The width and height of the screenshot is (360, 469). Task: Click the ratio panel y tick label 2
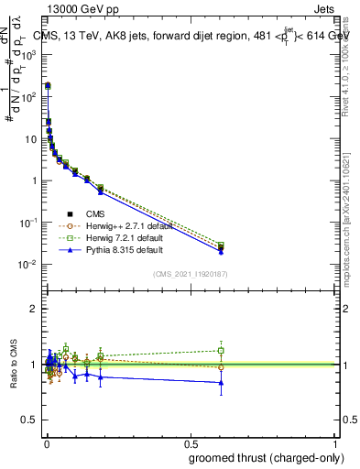pyautogui.click(x=33, y=309)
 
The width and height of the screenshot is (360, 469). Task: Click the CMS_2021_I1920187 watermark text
pyautogui.click(x=190, y=272)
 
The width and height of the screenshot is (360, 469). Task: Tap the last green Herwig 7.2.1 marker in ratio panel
pyautogui.click(x=221, y=351)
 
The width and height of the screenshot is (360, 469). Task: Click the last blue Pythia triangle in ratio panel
pyautogui.click(x=221, y=383)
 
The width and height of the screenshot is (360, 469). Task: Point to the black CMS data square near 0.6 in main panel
pyautogui.click(x=221, y=247)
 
